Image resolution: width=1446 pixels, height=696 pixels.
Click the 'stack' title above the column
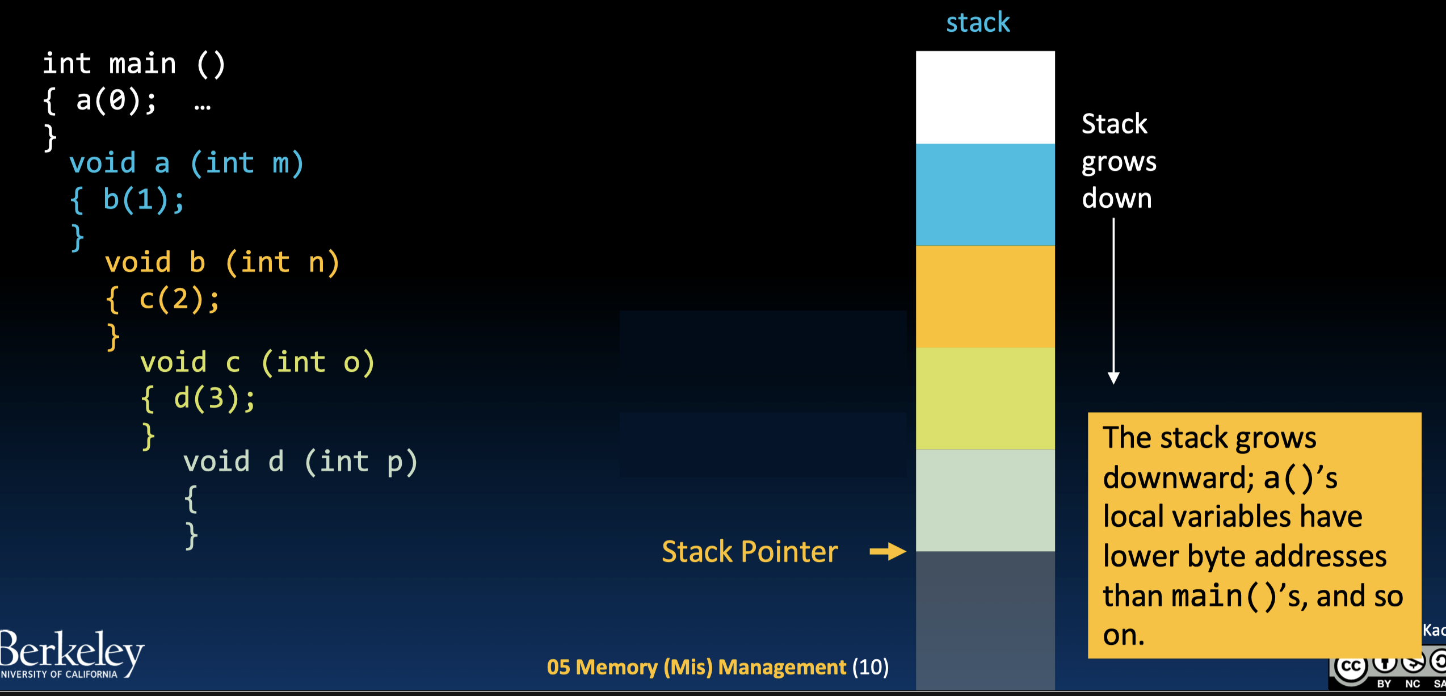click(978, 23)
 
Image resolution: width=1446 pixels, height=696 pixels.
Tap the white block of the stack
click(985, 97)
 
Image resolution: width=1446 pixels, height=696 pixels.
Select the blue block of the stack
click(985, 194)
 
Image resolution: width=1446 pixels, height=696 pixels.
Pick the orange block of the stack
click(985, 296)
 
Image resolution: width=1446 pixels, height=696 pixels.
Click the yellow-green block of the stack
click(985, 399)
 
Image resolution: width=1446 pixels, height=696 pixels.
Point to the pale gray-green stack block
click(985, 500)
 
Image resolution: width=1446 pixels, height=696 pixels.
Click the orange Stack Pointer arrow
click(888, 551)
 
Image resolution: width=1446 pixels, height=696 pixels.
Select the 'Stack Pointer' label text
click(750, 552)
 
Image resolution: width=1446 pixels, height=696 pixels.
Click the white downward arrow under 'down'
click(1113, 301)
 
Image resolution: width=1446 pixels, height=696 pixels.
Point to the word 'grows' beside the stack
click(1119, 162)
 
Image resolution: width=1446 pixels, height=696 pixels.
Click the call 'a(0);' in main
click(116, 100)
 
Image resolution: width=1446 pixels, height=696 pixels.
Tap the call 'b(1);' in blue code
click(144, 200)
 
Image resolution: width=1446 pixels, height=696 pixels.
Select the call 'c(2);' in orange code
click(179, 299)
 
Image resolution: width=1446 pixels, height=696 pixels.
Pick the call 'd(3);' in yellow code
click(215, 399)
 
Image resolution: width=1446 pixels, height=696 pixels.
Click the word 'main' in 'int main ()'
click(142, 63)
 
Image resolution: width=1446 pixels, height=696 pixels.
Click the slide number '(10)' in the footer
click(870, 667)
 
